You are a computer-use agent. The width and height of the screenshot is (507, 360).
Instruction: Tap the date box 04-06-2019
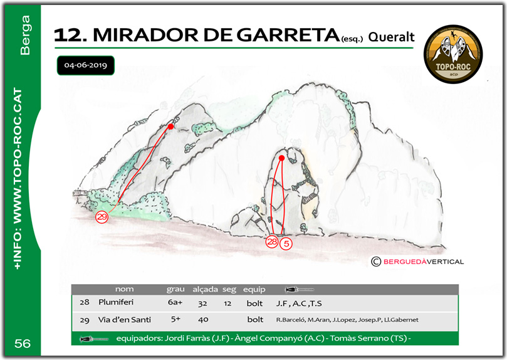(85, 65)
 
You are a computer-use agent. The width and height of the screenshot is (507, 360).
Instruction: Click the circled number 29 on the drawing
(102, 217)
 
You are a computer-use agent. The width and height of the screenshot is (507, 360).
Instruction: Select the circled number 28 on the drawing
(272, 242)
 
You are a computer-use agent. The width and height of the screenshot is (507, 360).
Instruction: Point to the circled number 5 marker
(286, 242)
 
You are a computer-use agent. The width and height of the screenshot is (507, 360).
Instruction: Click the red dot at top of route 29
(170, 127)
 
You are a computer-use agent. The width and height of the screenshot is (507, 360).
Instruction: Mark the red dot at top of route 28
(281, 158)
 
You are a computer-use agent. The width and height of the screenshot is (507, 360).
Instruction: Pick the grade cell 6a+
(174, 302)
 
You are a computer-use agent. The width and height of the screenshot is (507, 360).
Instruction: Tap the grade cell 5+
(174, 320)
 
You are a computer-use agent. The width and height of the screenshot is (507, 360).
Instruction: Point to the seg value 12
(229, 302)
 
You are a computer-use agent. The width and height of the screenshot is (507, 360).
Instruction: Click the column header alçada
(205, 290)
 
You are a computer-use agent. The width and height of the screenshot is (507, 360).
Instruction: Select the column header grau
(175, 290)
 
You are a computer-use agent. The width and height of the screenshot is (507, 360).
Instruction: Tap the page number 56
(22, 343)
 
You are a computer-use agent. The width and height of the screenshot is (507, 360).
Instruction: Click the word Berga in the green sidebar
(26, 41)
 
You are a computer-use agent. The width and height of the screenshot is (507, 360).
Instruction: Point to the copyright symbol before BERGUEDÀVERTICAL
(375, 262)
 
